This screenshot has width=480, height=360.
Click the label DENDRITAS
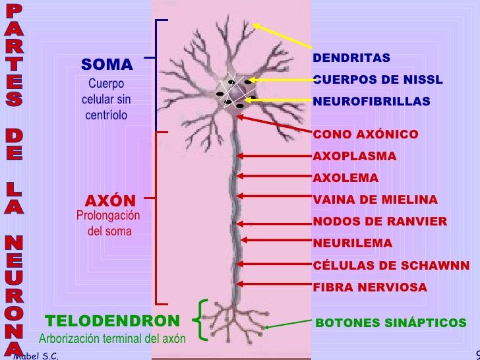click(351, 58)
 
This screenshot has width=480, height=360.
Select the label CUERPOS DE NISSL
click(378, 80)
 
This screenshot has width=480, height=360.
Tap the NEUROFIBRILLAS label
click(371, 102)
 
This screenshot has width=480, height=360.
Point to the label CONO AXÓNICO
click(365, 135)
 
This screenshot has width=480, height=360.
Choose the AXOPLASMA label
click(355, 156)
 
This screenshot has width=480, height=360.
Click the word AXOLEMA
click(345, 178)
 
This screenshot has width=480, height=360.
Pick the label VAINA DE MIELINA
click(375, 200)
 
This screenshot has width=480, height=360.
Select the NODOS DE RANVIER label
click(380, 222)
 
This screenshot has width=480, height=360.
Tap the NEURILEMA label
click(352, 243)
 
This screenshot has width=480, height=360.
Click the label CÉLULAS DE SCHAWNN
click(391, 266)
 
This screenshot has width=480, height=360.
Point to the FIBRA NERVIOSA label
click(370, 287)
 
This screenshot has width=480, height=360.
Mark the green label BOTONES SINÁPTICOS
click(391, 323)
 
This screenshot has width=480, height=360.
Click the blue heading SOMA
click(107, 65)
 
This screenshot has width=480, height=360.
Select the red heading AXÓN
click(110, 200)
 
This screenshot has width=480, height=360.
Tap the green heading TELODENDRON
click(113, 321)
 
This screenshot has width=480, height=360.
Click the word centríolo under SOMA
click(106, 115)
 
